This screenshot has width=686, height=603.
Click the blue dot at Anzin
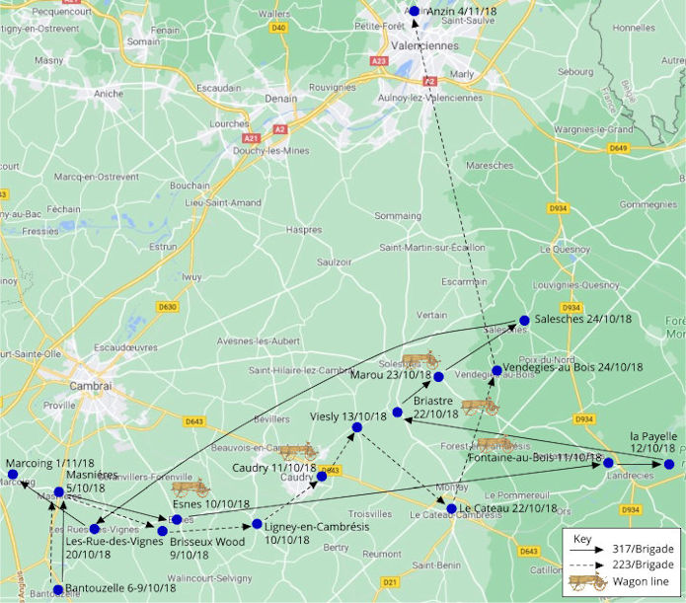tap(415, 11)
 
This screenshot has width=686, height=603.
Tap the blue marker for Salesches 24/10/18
tap(524, 320)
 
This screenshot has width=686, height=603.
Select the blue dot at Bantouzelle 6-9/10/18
tap(58, 589)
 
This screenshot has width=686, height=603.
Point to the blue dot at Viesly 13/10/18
tap(357, 426)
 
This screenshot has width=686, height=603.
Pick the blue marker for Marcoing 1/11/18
tap(13, 475)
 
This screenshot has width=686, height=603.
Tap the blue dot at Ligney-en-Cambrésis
tap(257, 524)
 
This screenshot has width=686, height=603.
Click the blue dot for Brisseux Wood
tap(163, 531)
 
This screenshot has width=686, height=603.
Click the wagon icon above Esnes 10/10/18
tap(191, 487)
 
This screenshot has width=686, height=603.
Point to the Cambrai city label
tap(92, 386)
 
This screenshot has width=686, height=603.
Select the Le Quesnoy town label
tap(561, 250)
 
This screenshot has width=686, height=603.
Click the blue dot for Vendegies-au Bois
tap(496, 371)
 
